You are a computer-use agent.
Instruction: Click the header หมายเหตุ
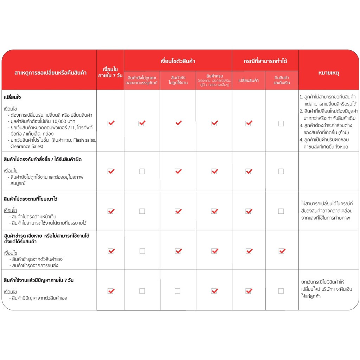pyautogui.click(x=328, y=73)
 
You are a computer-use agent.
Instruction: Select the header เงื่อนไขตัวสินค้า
pyautogui.click(x=178, y=61)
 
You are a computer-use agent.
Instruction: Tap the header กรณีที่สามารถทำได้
pyautogui.click(x=265, y=61)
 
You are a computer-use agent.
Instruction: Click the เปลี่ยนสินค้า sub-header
pyautogui.click(x=249, y=80)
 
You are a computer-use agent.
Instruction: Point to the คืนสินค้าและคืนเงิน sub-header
pyautogui.click(x=281, y=80)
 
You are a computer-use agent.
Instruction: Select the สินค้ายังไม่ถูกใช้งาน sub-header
pyautogui.click(x=178, y=80)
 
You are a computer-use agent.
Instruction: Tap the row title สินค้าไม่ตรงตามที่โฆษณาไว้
pyautogui.click(x=30, y=199)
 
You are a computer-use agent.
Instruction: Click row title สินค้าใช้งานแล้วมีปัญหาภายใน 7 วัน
pyautogui.click(x=38, y=280)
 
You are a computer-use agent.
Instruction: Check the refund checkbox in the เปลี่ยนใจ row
pyautogui.click(x=281, y=123)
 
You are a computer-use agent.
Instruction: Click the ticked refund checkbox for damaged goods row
pyautogui.click(x=282, y=251)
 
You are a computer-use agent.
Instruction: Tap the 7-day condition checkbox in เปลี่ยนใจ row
pyautogui.click(x=111, y=123)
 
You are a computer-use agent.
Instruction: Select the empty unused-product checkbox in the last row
pyautogui.click(x=178, y=291)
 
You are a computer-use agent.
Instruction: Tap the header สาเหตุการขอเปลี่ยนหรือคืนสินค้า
pyautogui.click(x=50, y=73)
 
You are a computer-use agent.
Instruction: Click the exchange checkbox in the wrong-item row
pyautogui.click(x=249, y=171)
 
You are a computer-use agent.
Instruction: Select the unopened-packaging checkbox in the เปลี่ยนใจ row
pyautogui.click(x=142, y=123)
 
